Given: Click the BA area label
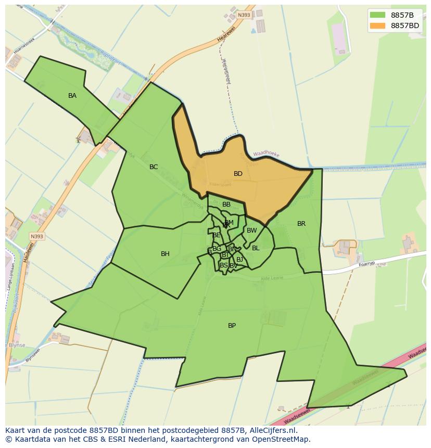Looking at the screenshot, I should pos(72,96).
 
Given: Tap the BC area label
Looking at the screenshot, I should pos(154,167).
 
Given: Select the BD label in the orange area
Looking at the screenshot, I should pos(238,174).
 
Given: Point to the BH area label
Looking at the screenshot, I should pos(165,254).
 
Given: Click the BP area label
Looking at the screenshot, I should pos(232,326).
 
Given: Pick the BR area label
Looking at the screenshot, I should pos(301,224).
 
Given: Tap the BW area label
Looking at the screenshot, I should pos(251,231).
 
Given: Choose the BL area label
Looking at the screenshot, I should pos(256,248).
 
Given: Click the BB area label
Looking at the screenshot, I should pos(226,204).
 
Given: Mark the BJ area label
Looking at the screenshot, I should pos(239,259).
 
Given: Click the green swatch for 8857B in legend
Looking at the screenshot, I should pos(377,15).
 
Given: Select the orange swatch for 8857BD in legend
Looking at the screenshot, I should pos(377,25).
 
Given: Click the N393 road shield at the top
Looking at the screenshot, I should pos(244,15).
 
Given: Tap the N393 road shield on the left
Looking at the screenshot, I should pos(36,236).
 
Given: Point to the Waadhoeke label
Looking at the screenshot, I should pos(267,154).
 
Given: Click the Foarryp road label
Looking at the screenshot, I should pos(366,265).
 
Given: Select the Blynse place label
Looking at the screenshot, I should pos(17,345).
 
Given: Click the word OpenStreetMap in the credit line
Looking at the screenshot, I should pos(283,439).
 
